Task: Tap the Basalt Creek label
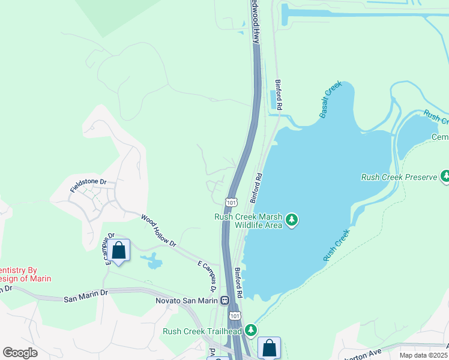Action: [330, 99]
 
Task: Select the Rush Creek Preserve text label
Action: [399, 177]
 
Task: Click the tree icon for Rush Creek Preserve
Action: [445, 176]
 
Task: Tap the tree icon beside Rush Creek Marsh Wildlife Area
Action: [292, 220]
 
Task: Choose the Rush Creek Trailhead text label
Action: [202, 331]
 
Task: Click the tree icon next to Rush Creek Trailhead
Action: [250, 331]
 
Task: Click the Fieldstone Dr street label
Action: [88, 185]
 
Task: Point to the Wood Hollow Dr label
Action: [159, 231]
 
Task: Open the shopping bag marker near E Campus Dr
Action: [119, 250]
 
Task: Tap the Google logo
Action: [20, 352]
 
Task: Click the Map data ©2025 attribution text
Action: [423, 355]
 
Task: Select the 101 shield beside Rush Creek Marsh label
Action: [231, 203]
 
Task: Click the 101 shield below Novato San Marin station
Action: [236, 315]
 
